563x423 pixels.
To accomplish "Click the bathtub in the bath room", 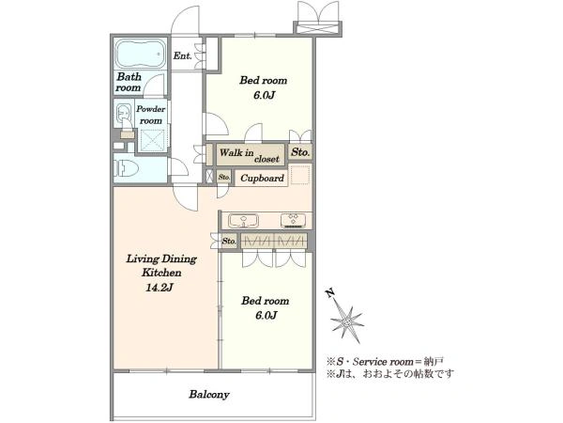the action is pos(140,54).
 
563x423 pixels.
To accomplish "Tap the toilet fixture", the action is pos(127,167).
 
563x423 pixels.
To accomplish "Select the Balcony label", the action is pos(209,395).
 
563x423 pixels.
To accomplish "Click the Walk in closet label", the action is pos(250,155).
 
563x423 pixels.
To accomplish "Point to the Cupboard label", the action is pos(262,178).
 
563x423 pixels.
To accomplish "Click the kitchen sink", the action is pos(244,220).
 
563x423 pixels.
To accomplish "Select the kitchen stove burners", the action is pos(293,220).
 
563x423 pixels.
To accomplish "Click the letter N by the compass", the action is pos(330,293).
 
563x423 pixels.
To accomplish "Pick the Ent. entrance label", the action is pos(182,55).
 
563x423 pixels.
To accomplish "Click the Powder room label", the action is pos(151,115).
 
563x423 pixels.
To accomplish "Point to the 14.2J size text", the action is pos(160,288).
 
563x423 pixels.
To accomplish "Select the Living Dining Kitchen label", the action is pos(161,265).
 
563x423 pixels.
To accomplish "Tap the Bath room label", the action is pos(129,82).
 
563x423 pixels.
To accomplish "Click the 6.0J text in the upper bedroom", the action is pos(264,95).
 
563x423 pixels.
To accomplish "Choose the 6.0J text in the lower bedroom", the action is pos(266,316).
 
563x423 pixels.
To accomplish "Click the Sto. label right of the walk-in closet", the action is pos(300,152).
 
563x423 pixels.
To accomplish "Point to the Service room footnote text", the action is pos(386,361).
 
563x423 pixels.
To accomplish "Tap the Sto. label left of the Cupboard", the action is pos(224,177).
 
